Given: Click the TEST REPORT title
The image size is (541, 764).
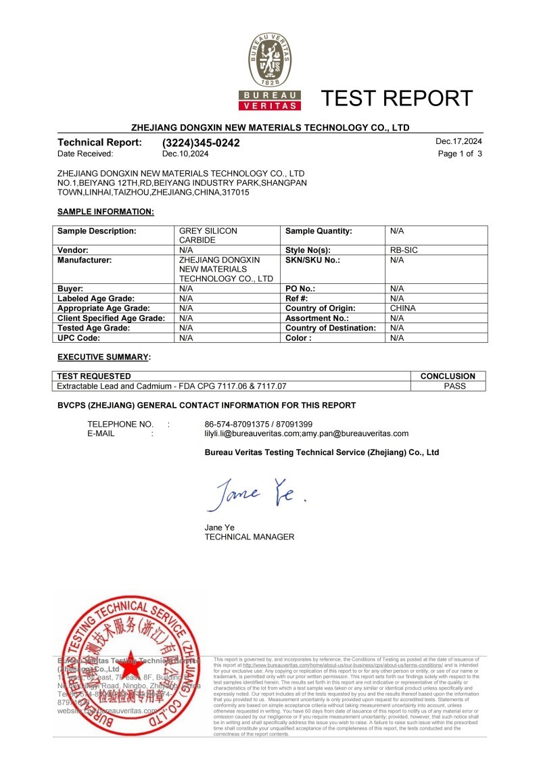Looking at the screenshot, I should [x=397, y=99].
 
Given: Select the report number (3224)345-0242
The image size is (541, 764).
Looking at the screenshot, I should [x=201, y=143].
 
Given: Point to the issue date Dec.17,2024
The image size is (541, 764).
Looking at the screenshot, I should [x=459, y=142].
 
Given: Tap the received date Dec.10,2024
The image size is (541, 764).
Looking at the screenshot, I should [x=186, y=153].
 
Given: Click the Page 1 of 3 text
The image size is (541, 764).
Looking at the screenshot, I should [x=460, y=153].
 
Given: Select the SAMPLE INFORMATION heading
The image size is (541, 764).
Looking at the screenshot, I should [x=105, y=212].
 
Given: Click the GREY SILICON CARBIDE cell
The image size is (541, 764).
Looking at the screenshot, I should [x=208, y=235].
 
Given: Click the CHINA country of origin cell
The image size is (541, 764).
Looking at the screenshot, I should [x=403, y=308].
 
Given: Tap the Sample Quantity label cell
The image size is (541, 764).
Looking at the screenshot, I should [x=319, y=231].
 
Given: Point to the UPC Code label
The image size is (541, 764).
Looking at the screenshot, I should [x=79, y=337].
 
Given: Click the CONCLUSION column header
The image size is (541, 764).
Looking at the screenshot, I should [x=448, y=376].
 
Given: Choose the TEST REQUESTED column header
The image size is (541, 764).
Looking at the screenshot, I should [x=94, y=376].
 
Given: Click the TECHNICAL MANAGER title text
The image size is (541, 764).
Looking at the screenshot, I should [x=249, y=537].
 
